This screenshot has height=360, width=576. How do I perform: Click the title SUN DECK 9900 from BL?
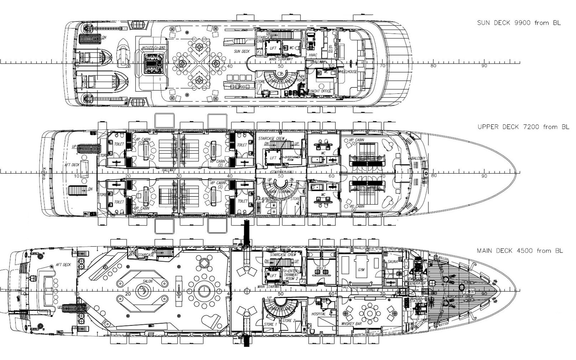519,23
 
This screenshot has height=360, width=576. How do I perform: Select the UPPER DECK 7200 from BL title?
523,127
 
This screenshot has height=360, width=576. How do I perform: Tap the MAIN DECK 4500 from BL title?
520,251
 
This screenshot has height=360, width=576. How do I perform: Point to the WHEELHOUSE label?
347,71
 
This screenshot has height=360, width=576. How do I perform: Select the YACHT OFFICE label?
321,91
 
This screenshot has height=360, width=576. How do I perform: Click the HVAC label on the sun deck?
313,55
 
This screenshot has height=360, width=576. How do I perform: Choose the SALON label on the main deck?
147,281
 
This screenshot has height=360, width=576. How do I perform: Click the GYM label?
361,270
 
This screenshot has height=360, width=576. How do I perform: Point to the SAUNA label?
393,262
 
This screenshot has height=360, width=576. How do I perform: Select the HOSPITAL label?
319,314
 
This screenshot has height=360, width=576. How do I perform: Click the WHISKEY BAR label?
351,324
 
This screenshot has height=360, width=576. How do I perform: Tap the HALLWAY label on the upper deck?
168,170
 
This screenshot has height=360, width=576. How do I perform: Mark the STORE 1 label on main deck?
270,324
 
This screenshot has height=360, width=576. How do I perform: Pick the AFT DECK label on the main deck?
63,265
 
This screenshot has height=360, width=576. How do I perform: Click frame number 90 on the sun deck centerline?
484,66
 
